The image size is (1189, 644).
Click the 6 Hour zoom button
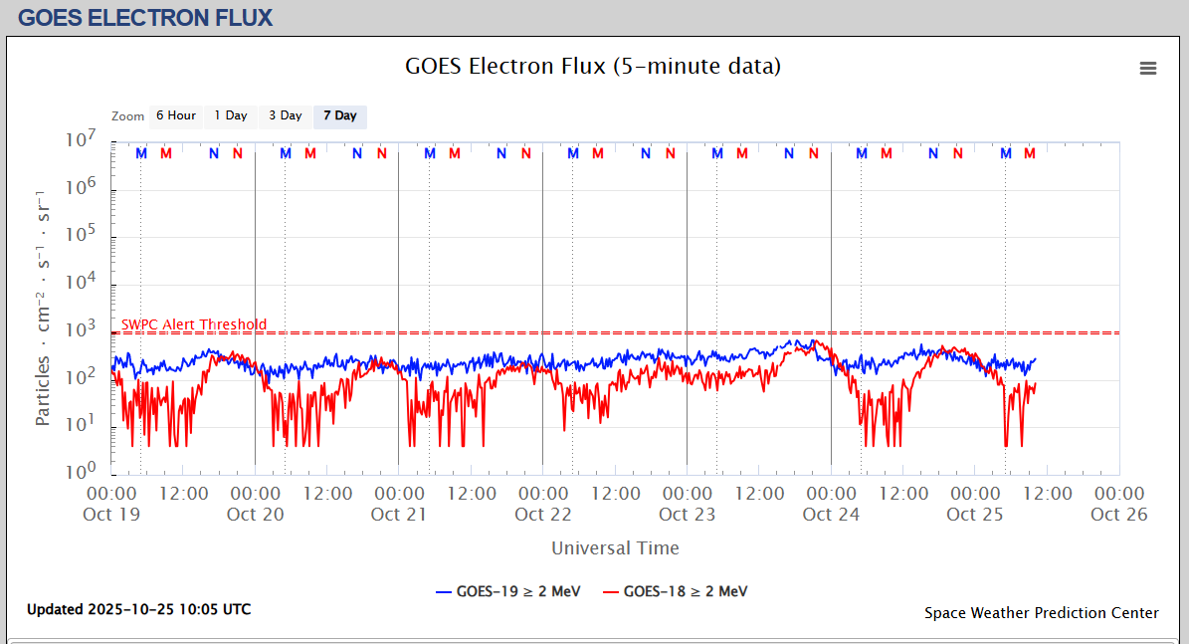[x=175, y=116]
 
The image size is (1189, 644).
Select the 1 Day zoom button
[x=231, y=116]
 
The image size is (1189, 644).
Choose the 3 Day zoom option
[x=286, y=116]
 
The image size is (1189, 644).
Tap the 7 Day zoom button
[x=340, y=116]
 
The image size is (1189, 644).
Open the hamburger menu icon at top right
[x=1148, y=68]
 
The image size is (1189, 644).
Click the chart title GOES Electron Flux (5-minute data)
[x=593, y=67]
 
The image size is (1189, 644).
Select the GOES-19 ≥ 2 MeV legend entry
[x=506, y=591]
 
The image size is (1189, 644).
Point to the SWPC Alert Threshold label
[x=194, y=324]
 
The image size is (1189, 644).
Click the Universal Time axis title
[x=615, y=547]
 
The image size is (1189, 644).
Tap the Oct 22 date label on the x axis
[x=543, y=514]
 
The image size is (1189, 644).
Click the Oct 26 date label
[x=1118, y=514]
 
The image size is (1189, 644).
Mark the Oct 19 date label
[x=111, y=514]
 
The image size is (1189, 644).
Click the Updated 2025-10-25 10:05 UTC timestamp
[x=139, y=609]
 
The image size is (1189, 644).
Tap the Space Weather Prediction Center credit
[x=1041, y=613]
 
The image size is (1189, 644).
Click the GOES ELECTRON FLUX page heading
[x=145, y=17]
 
